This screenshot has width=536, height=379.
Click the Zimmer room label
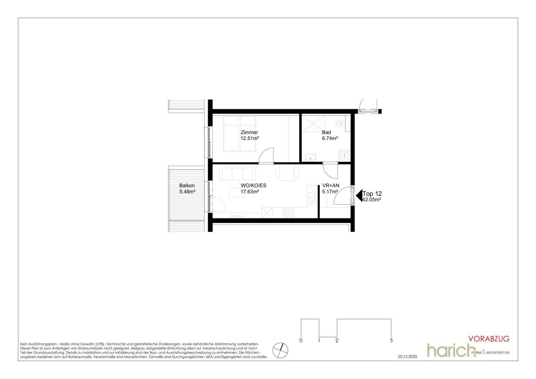coord(249,132)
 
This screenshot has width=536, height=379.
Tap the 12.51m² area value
coord(250,138)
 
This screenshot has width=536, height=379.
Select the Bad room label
coord(326,132)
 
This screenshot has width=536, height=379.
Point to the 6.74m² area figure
coord(330,138)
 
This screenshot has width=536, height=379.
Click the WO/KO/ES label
coord(253,185)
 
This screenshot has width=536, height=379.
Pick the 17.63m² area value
coord(250,191)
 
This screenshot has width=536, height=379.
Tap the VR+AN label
coord(331,185)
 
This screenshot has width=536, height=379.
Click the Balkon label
coord(187,185)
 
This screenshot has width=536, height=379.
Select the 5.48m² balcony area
coord(187,191)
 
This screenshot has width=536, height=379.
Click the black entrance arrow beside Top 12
coord(359,196)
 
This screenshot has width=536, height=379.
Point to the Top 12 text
coord(372,193)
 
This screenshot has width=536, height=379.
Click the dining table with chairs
coord(287,174)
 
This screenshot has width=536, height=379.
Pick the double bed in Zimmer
coord(240,134)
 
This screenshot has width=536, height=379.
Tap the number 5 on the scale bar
coord(391,340)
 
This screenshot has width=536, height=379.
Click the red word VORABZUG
coord(489,339)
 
